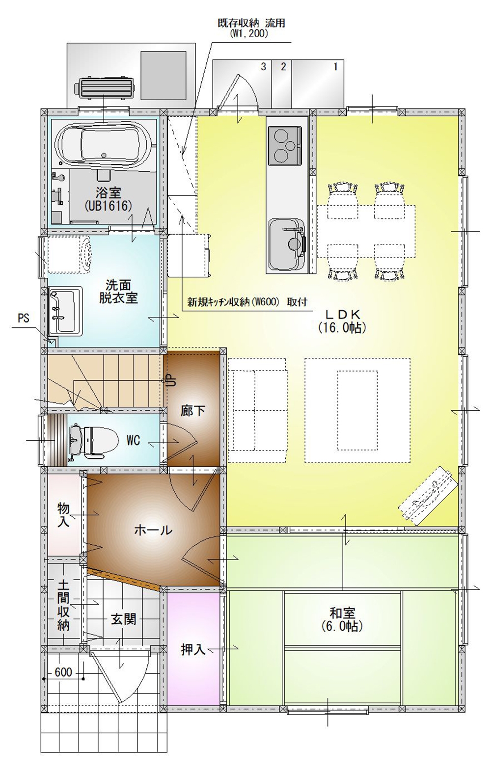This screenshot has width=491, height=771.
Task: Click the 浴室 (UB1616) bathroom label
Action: tap(108, 199)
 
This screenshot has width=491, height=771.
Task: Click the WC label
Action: tap(133, 441)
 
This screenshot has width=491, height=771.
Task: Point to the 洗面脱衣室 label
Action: tap(118, 291)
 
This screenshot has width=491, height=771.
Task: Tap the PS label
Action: tap(24, 319)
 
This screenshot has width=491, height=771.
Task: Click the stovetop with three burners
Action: tap(285, 145)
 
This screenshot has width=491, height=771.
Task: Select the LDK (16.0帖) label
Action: tap(342, 321)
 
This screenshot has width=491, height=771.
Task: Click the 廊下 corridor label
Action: tap(193, 410)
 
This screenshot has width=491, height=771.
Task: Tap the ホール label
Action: tap(153, 530)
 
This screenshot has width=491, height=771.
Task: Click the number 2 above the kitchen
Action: tap(283, 67)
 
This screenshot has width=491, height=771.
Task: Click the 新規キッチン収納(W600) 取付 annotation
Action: tap(247, 302)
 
